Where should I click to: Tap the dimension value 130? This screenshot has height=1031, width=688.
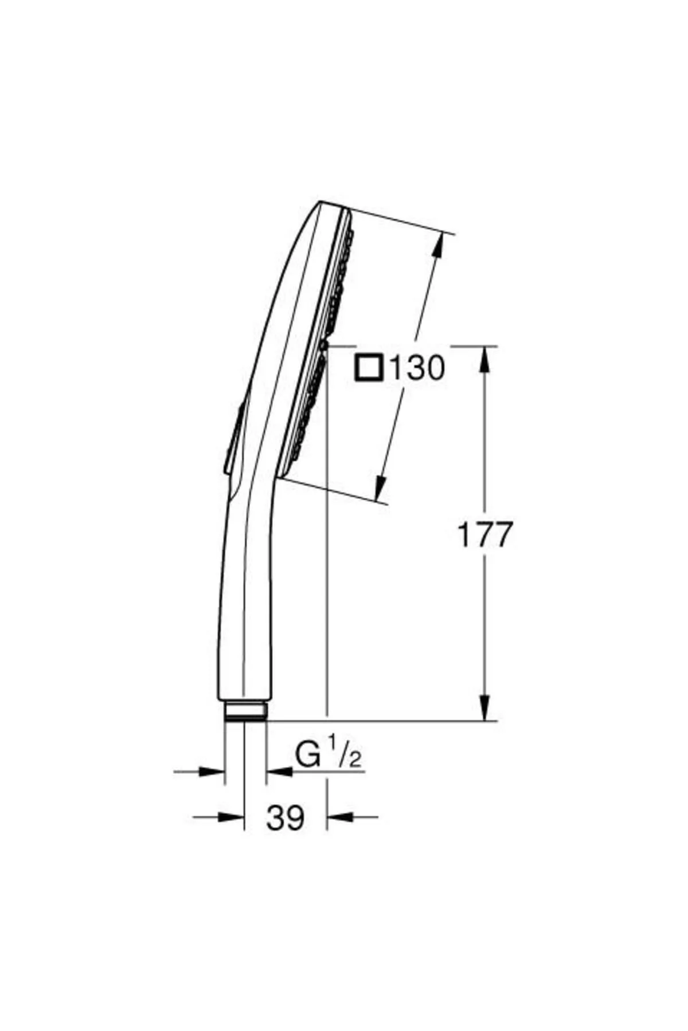[x=417, y=368]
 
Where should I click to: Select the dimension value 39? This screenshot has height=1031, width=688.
[x=285, y=817]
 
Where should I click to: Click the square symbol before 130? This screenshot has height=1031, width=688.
[x=369, y=368]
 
